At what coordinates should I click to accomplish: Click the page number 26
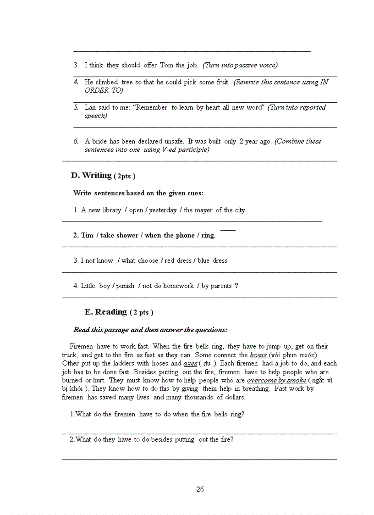coord(200,489)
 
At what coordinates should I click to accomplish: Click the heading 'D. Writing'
coord(91,175)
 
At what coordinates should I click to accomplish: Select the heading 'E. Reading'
coord(105,312)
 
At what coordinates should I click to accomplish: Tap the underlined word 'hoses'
coord(258,355)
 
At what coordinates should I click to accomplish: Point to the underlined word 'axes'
coord(190,364)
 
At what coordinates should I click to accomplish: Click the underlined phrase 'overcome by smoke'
coord(276,380)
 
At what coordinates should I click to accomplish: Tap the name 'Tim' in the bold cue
coord(87,235)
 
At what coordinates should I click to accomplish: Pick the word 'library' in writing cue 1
coord(111,210)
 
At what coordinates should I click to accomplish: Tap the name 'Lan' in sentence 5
coord(90,107)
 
